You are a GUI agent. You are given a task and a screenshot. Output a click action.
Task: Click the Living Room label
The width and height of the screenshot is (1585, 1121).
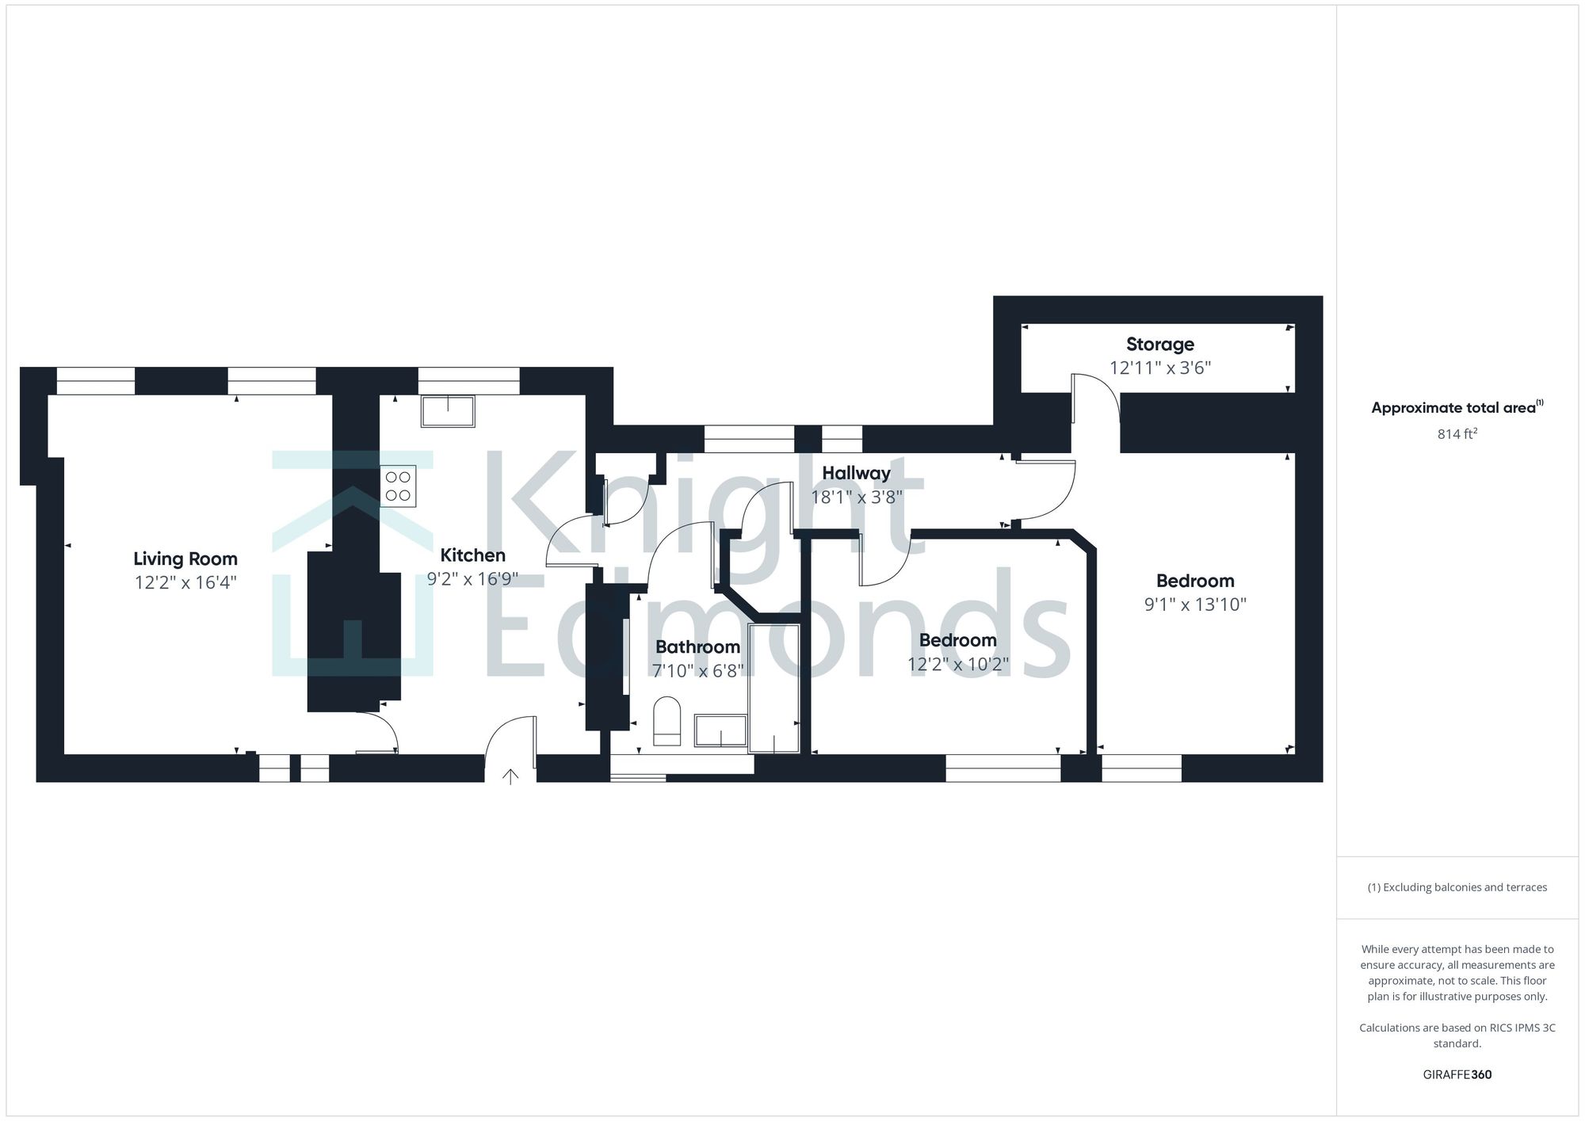(x=185, y=559)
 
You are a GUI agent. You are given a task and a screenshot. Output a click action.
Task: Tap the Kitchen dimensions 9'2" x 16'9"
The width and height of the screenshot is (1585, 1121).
(x=472, y=579)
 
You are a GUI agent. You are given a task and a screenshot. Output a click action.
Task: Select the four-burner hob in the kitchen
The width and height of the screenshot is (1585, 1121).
(x=398, y=486)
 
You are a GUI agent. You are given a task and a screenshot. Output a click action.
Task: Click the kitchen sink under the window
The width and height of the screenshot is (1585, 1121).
(x=448, y=412)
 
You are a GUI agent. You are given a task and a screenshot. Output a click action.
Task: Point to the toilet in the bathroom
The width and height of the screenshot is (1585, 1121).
(x=667, y=721)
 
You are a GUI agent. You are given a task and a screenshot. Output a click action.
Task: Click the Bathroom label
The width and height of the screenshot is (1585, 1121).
(x=697, y=647)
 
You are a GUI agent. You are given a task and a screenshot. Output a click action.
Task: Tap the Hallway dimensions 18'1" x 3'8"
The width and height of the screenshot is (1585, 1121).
(x=856, y=498)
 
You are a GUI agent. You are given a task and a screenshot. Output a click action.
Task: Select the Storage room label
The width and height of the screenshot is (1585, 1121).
(x=1159, y=345)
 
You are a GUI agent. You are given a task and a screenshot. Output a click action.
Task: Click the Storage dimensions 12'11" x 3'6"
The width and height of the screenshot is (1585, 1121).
(x=1159, y=368)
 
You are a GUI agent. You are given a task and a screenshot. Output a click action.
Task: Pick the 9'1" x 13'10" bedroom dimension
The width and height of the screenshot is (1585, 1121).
(x=1194, y=605)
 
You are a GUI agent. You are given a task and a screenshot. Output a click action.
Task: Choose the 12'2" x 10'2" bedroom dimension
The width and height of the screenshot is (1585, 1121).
(x=957, y=665)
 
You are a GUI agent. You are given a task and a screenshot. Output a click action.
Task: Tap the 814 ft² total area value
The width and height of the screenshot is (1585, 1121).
(x=1457, y=434)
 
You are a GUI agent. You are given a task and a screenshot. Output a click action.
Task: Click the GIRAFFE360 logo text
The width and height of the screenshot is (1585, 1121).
(x=1457, y=1075)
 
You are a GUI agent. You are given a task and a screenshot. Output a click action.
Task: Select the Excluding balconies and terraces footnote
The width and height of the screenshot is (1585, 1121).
(x=1457, y=887)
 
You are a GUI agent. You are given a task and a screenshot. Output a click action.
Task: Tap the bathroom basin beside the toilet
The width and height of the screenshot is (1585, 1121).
(x=720, y=730)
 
